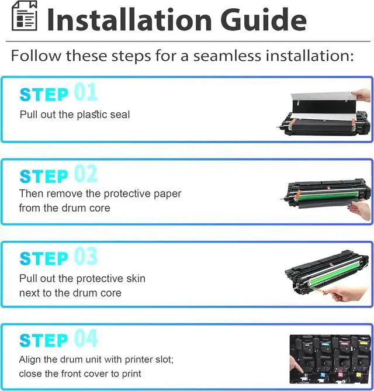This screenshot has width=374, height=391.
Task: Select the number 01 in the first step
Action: [x=85, y=93]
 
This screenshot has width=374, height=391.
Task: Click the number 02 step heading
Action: [x=86, y=175]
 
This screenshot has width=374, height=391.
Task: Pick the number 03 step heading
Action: [x=86, y=257]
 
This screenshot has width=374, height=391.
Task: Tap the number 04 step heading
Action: [x=86, y=340]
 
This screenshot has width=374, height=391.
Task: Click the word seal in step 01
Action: [x=119, y=115]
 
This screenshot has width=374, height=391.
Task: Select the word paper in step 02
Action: [x=167, y=193]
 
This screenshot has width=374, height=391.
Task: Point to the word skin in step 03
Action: [x=135, y=278]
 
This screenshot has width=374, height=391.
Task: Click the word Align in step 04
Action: [x=30, y=359]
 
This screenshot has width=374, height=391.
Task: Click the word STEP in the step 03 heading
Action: [x=44, y=258]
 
